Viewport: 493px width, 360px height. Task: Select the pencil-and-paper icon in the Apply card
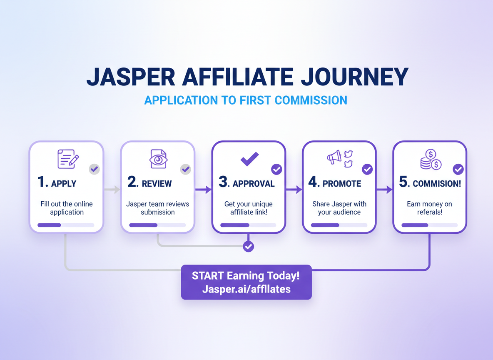click(68, 159)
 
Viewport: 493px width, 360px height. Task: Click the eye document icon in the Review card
click(158, 159)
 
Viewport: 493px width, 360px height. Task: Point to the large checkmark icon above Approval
click(249, 159)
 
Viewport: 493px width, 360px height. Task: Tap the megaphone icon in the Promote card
click(334, 157)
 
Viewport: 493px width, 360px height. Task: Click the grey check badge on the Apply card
click(95, 169)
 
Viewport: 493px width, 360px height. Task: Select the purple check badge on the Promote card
click(367, 169)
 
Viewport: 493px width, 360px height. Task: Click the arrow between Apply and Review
click(112, 190)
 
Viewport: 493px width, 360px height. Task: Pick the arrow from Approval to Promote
click(294, 190)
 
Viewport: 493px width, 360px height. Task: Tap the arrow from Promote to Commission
click(384, 190)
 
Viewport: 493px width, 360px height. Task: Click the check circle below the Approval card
click(249, 247)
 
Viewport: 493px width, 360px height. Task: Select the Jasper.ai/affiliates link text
click(246, 289)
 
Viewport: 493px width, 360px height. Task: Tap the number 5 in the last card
click(403, 182)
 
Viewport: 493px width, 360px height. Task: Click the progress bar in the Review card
click(157, 225)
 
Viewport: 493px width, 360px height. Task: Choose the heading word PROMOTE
click(342, 184)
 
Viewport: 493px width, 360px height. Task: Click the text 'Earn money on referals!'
click(429, 208)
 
